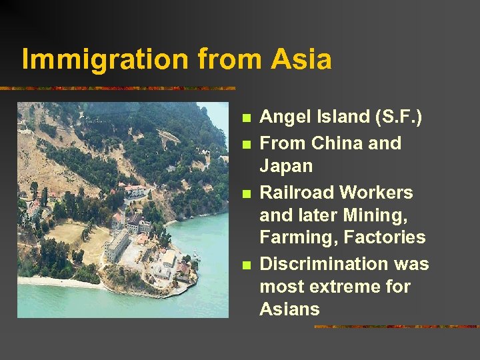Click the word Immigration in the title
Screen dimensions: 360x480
pos(105,59)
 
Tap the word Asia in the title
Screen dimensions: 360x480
pos(301,59)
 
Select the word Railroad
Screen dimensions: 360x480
pos(296,193)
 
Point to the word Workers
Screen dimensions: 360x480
pos(377,193)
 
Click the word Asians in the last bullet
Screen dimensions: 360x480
pos(289,309)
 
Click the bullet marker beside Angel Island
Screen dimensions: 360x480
pos(247,119)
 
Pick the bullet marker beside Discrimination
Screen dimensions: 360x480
pos(247,265)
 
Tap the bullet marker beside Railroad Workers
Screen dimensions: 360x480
pos(247,194)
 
